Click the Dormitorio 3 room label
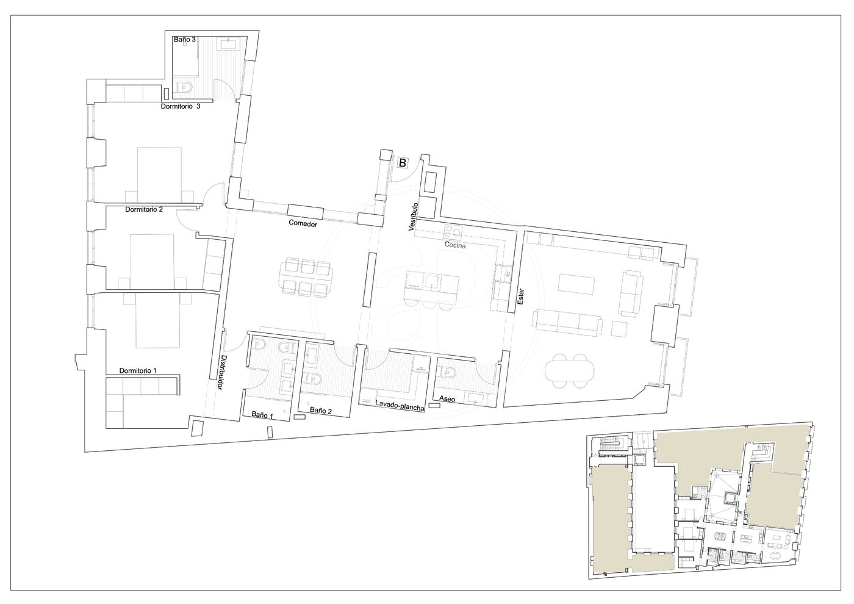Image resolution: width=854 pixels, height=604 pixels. (181, 106)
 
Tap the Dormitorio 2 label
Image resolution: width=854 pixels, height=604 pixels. (144, 209)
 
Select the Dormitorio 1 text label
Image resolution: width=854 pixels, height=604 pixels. (138, 371)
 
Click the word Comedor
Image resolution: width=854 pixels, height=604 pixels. (303, 223)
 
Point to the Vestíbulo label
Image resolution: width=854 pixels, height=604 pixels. (413, 217)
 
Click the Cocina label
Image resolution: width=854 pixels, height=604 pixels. (455, 245)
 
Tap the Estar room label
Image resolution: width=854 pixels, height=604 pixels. (521, 297)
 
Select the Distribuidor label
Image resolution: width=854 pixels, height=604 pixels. (221, 373)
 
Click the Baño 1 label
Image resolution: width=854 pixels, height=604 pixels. (262, 415)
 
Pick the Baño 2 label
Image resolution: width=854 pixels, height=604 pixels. (321, 410)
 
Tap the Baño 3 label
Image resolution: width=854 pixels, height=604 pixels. (185, 40)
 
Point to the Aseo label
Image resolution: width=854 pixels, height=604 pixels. (447, 399)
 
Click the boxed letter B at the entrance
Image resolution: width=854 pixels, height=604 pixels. (402, 163)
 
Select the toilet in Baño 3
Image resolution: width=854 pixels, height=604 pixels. (185, 88)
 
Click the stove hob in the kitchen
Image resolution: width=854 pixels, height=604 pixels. (453, 231)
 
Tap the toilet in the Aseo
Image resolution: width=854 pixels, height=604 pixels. (445, 372)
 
